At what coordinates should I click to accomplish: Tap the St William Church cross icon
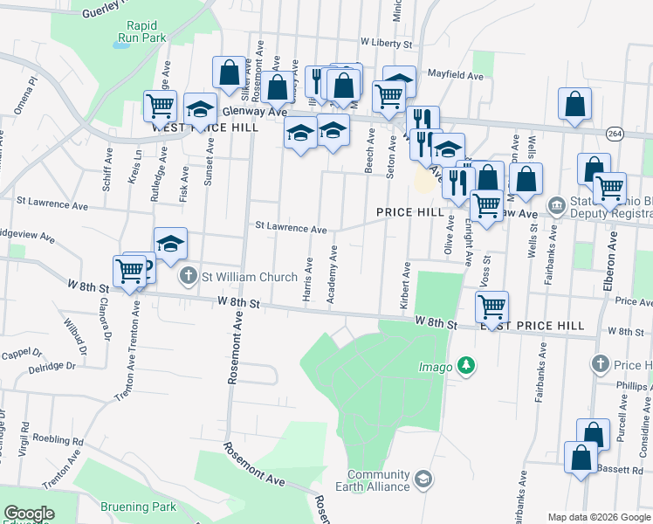(188, 278)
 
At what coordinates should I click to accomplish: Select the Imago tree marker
(466, 365)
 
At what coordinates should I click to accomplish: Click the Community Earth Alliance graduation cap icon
(423, 479)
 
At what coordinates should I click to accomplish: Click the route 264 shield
(615, 133)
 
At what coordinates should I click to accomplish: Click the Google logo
(30, 514)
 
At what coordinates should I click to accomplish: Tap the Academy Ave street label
(333, 275)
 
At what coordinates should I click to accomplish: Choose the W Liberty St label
(385, 43)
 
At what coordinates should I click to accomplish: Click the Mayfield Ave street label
(454, 76)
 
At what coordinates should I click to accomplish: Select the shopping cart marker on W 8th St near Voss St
(492, 307)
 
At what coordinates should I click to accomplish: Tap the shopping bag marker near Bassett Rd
(581, 458)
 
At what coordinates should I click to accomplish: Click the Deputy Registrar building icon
(556, 206)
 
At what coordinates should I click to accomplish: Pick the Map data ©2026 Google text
(598, 517)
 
